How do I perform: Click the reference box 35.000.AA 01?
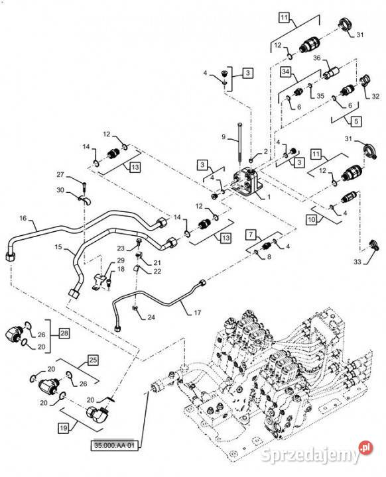pyautogui.click(x=114, y=446)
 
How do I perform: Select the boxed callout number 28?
pyautogui.click(x=64, y=333)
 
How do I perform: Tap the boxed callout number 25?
pyautogui.click(x=93, y=360)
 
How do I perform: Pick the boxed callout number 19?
pyautogui.click(x=64, y=429)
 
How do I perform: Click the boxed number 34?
pyautogui.click(x=285, y=72)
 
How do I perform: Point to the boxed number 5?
pyautogui.click(x=356, y=121)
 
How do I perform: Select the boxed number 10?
pyautogui.click(x=311, y=220)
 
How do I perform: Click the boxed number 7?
pyautogui.click(x=251, y=235)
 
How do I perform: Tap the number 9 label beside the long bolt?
pyautogui.click(x=224, y=137)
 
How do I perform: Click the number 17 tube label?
pyautogui.click(x=198, y=313)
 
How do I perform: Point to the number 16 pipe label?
pyautogui.click(x=23, y=218)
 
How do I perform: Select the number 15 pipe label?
pyautogui.click(x=58, y=246)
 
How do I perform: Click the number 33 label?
pyautogui.click(x=357, y=262)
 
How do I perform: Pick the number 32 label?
pyautogui.click(x=375, y=96)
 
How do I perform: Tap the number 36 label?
pyautogui.click(x=317, y=58)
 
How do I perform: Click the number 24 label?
pyautogui.click(x=151, y=317)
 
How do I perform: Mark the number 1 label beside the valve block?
pyautogui.click(x=269, y=197)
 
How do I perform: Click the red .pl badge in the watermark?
pyautogui.click(x=365, y=447)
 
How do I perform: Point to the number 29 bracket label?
pyautogui.click(x=121, y=260)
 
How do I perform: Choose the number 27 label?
pyautogui.click(x=60, y=175)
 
